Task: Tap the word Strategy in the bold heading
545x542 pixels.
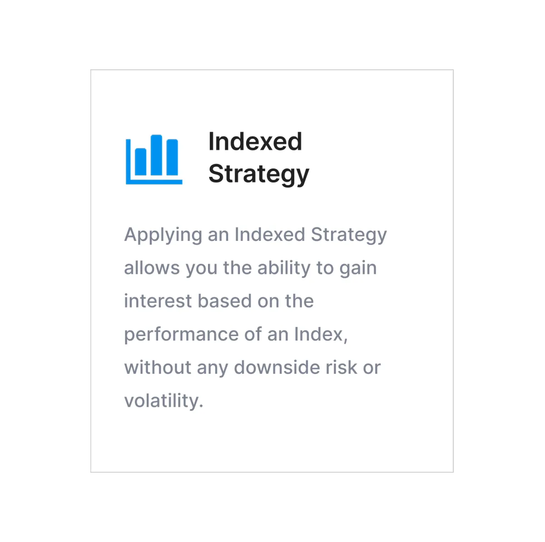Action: point(258,175)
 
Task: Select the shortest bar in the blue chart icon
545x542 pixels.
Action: point(140,161)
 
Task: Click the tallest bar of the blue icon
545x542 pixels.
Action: point(156,155)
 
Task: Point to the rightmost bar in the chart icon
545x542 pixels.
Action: point(172,157)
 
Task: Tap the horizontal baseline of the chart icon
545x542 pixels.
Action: point(154,181)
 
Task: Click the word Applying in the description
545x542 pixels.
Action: point(163,235)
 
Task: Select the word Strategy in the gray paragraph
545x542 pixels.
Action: point(348,235)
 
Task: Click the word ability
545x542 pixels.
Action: point(284,268)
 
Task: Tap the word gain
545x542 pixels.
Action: point(358,268)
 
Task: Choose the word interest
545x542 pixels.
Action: point(158,301)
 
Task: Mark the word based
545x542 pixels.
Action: point(224,301)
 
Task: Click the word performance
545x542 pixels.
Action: point(181,335)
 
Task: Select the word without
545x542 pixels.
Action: point(158,367)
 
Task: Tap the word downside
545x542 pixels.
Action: point(277,367)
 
